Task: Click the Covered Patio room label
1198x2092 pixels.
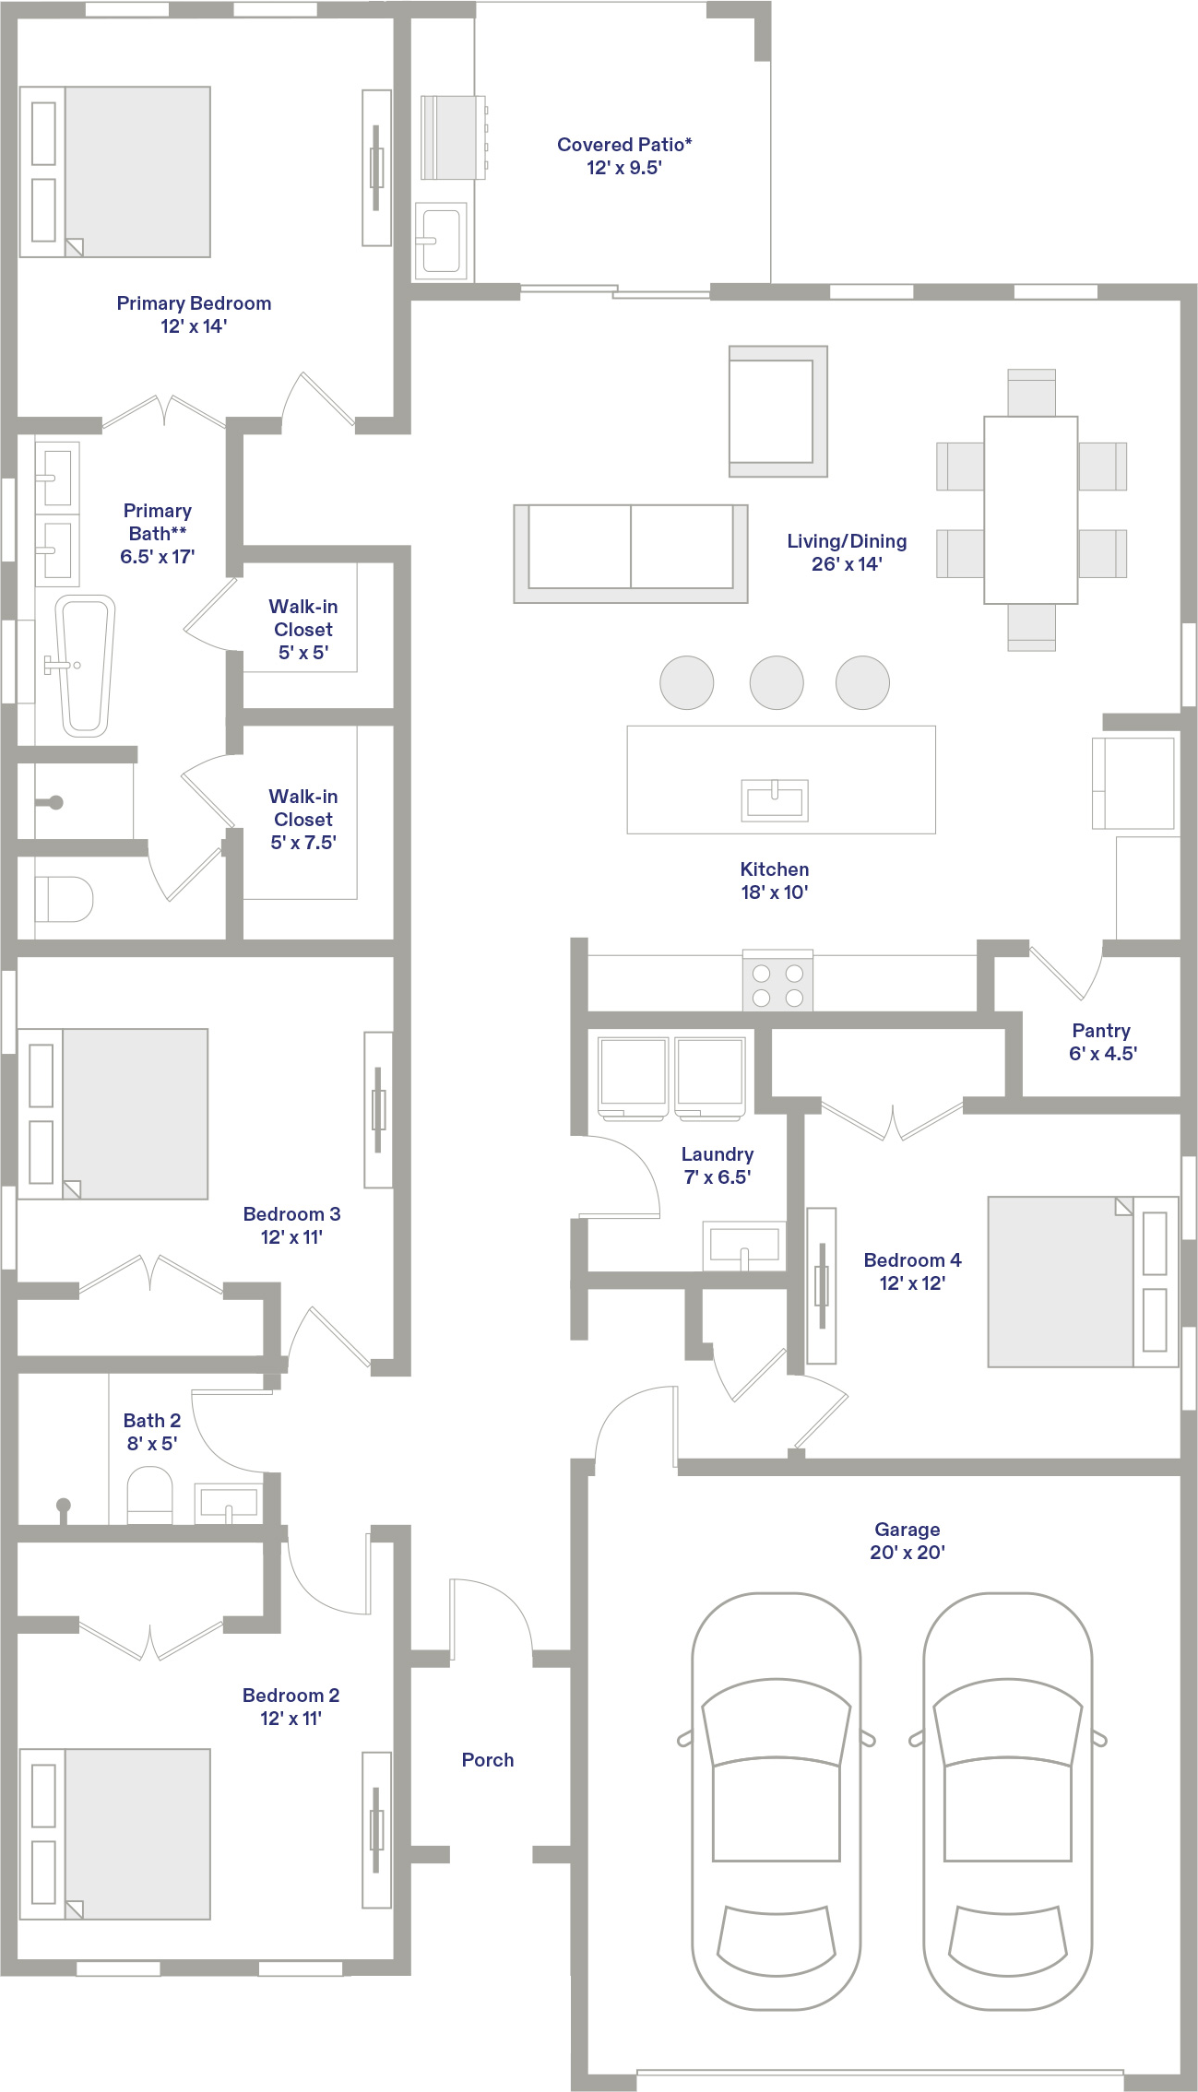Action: [x=624, y=156]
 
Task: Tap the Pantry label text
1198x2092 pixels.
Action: [x=1102, y=1042]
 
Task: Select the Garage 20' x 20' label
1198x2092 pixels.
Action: [x=907, y=1541]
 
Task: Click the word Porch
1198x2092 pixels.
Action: [x=488, y=1759]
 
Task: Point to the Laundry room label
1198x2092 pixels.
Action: [x=718, y=1165]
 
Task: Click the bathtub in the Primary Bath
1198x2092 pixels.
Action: [x=85, y=666]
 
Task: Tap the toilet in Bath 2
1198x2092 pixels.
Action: [x=149, y=1495]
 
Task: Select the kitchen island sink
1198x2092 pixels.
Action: [x=775, y=799]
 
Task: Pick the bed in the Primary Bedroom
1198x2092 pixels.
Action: [x=115, y=171]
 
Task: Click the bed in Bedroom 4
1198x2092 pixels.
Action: [x=1083, y=1282]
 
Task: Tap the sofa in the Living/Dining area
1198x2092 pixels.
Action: [x=631, y=553]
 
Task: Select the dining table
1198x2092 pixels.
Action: [x=1031, y=510]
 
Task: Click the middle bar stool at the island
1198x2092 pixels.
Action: [x=777, y=682]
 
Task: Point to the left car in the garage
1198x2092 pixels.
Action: [x=777, y=1802]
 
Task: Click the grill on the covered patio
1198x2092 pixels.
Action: [x=454, y=137]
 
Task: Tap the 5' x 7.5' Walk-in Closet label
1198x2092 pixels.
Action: [x=303, y=819]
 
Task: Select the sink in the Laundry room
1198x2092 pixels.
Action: [x=744, y=1245]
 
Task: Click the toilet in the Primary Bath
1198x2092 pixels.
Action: [x=65, y=899]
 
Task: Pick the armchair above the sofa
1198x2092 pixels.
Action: [x=778, y=411]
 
